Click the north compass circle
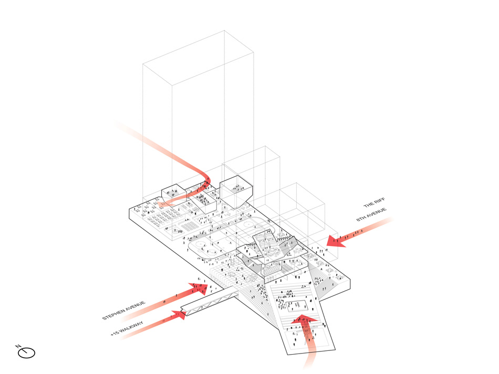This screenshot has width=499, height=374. coord(27,353)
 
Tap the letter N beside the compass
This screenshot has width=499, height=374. coord(18,346)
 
